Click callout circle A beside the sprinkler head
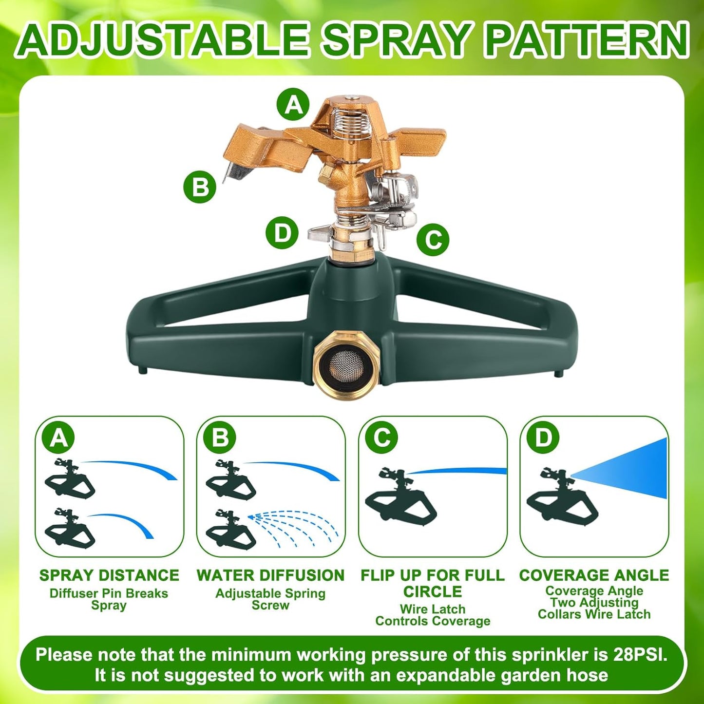click(x=293, y=104)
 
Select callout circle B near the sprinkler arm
click(x=200, y=187)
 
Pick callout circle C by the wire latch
click(x=433, y=239)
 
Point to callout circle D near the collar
click(x=282, y=233)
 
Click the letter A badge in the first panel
click(x=58, y=438)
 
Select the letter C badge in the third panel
click(x=381, y=438)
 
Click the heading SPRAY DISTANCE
click(x=109, y=575)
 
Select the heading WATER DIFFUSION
click(x=270, y=575)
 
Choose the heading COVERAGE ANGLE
click(x=594, y=575)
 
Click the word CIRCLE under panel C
click(x=433, y=592)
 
